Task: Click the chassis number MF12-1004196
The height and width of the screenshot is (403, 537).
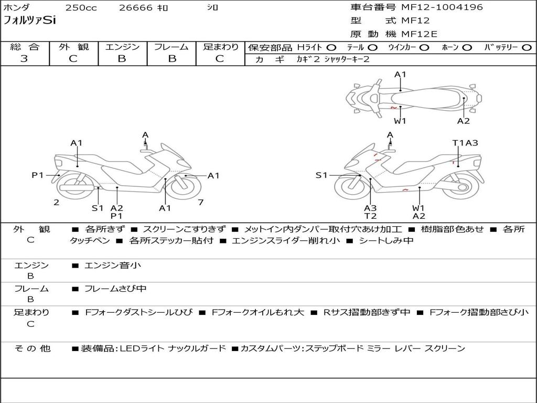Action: (442, 7)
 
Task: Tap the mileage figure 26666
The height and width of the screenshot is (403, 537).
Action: (135, 8)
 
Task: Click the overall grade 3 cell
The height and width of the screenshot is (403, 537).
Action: (24, 59)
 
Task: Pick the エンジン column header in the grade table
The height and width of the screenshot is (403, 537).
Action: (122, 47)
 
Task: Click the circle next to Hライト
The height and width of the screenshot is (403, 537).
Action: (331, 48)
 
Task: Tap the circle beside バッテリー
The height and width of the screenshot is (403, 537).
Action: (526, 48)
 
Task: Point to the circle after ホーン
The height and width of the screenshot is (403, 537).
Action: (467, 48)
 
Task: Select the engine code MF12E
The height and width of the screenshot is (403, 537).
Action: (419, 34)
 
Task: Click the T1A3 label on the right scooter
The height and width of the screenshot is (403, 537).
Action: (465, 143)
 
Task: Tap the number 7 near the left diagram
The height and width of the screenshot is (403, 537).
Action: (200, 202)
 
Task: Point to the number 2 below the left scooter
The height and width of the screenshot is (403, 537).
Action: (56, 202)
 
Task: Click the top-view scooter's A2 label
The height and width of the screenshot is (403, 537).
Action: (463, 121)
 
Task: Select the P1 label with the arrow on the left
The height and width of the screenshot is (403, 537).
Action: (38, 175)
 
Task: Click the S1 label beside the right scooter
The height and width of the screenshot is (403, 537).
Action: (321, 175)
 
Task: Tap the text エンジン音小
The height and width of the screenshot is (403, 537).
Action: (113, 266)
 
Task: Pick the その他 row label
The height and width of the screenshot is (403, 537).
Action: (32, 348)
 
